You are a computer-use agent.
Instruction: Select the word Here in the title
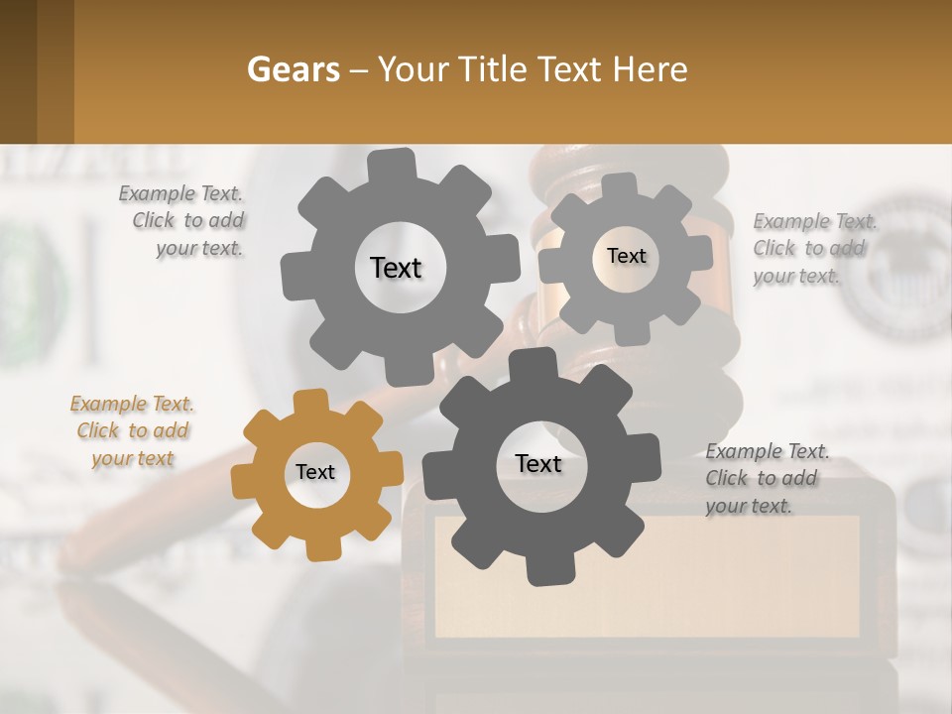click(651, 69)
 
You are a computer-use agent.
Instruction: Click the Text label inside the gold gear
click(315, 472)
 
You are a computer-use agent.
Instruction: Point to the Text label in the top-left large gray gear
click(396, 268)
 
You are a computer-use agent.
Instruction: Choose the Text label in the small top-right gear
click(626, 256)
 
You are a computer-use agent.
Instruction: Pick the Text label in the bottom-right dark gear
click(538, 463)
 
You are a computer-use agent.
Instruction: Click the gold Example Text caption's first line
click(132, 404)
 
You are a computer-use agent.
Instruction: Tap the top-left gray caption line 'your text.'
click(199, 249)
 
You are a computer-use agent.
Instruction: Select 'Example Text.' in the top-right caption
click(815, 221)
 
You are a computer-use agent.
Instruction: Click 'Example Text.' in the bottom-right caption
click(768, 451)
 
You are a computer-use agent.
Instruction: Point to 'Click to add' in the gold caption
click(133, 430)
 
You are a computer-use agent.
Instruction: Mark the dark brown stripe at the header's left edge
click(18, 71)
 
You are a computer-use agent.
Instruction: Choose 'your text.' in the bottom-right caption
click(749, 506)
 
